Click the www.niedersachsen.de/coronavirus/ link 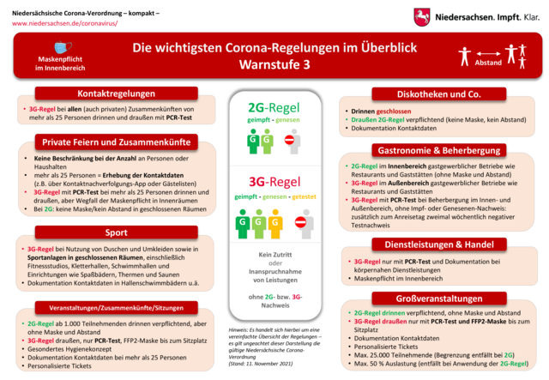(x=64, y=24)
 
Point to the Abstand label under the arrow (x=488, y=63)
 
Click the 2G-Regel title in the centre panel (x=274, y=108)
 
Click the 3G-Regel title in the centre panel (x=274, y=182)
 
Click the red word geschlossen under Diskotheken (x=393, y=111)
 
